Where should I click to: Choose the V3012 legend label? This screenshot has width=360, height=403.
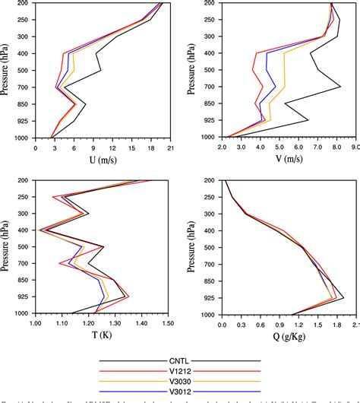tap(180, 390)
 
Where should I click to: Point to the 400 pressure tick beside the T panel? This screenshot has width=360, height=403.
tap(22, 230)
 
